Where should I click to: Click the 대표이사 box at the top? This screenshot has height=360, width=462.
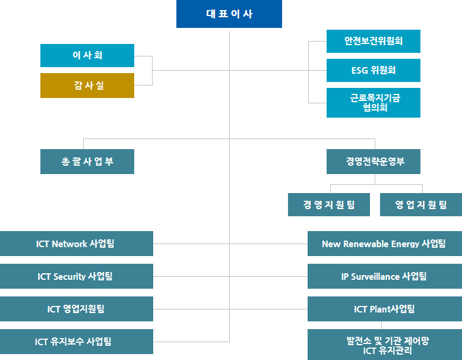click(x=229, y=14)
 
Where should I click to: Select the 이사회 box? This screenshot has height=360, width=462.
click(x=87, y=55)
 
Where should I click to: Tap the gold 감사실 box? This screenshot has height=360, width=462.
click(x=87, y=86)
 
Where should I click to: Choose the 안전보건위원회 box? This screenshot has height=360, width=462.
click(x=374, y=41)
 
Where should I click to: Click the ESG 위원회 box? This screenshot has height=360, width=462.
click(x=374, y=71)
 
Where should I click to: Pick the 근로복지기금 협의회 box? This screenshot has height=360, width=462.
click(x=374, y=103)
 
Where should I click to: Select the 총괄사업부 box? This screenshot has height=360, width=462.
click(x=87, y=162)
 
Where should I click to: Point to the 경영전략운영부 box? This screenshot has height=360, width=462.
click(x=374, y=162)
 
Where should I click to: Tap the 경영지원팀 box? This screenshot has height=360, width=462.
click(x=329, y=204)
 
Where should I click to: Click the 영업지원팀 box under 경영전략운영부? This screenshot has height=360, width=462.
click(x=421, y=204)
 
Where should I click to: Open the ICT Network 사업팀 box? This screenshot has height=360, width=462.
click(x=77, y=244)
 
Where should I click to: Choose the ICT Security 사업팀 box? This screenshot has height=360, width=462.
click(x=77, y=276)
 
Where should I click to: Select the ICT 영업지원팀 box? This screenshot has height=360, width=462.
click(x=77, y=309)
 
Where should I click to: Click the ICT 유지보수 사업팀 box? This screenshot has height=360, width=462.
click(x=77, y=342)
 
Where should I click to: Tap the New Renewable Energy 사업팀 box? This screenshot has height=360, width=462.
click(x=385, y=244)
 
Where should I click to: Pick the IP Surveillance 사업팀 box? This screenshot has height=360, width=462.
click(x=385, y=276)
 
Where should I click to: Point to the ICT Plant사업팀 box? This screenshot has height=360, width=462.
click(x=385, y=309)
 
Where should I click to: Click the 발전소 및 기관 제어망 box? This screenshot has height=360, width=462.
click(x=385, y=345)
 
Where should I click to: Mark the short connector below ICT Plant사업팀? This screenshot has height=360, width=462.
click(x=382, y=325)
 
